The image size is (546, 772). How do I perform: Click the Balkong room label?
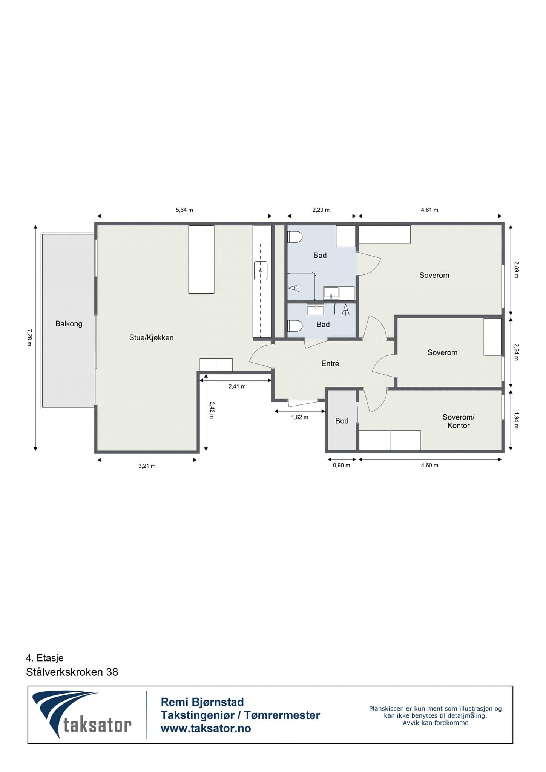click(x=69, y=323)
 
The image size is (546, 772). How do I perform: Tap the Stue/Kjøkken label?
click(x=151, y=337)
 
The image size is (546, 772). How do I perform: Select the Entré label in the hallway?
click(x=330, y=363)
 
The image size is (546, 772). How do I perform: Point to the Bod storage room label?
click(x=342, y=421)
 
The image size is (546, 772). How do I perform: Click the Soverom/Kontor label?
click(x=458, y=421)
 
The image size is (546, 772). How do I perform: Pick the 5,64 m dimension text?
click(x=184, y=210)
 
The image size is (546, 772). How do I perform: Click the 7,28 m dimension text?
click(x=29, y=337)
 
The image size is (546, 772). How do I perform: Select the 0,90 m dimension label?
click(x=341, y=465)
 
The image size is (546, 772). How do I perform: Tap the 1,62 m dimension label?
click(x=300, y=417)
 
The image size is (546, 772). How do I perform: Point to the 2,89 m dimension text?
click(x=516, y=270)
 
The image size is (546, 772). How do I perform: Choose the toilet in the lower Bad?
click(x=294, y=326)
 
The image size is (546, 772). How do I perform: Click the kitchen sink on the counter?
click(x=261, y=271)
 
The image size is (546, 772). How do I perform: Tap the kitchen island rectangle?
click(x=201, y=259)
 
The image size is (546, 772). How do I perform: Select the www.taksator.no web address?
click(x=206, y=728)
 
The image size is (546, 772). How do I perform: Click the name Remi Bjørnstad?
click(x=202, y=702)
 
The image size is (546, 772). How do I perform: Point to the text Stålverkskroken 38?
click(x=72, y=672)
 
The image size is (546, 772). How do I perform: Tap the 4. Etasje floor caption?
click(x=44, y=658)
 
